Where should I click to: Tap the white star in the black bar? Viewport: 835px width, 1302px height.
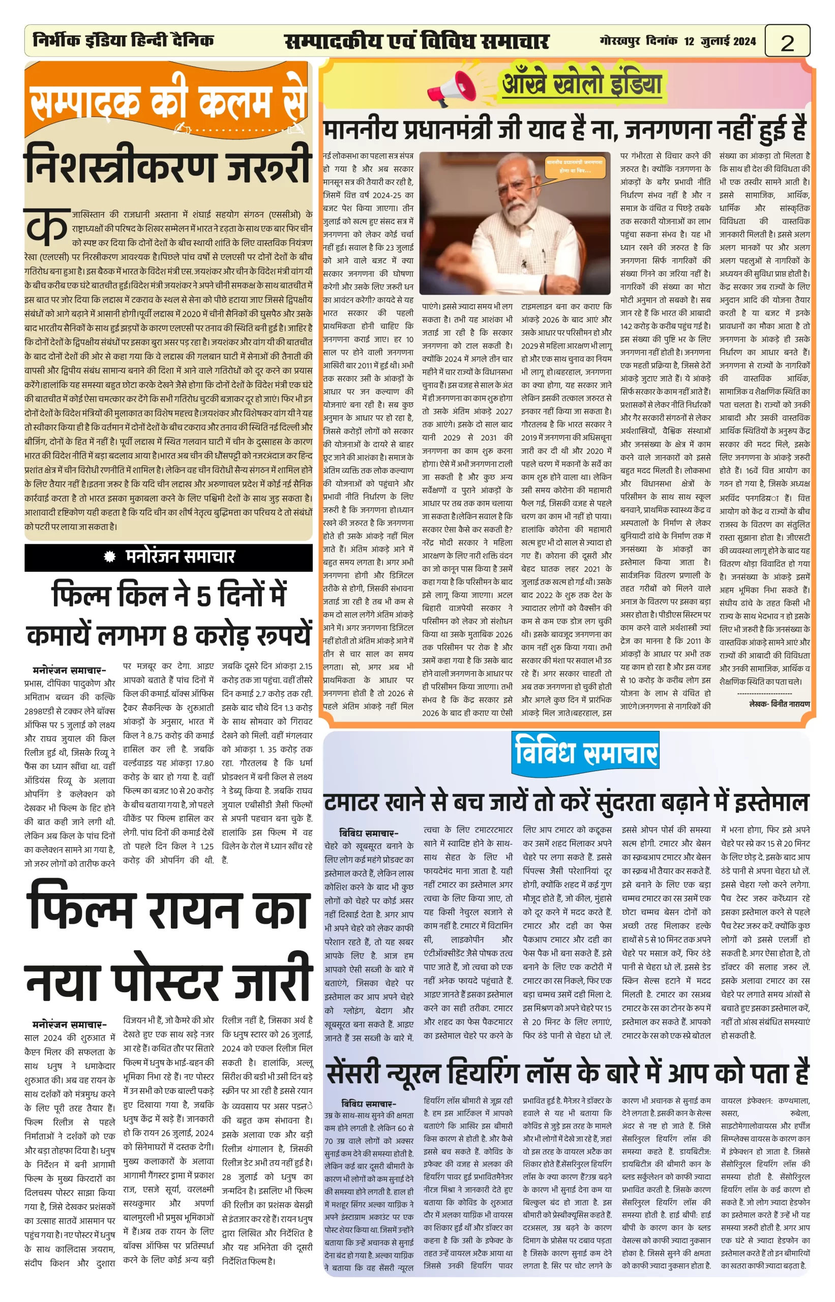click(110, 556)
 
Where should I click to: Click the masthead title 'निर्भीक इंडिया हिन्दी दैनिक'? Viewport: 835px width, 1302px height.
click(123, 41)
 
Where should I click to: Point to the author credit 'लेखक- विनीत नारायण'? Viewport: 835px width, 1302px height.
click(779, 704)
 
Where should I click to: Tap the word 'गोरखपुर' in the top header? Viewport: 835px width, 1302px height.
click(620, 41)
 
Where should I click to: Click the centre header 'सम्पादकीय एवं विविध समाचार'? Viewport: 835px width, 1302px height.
click(416, 41)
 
